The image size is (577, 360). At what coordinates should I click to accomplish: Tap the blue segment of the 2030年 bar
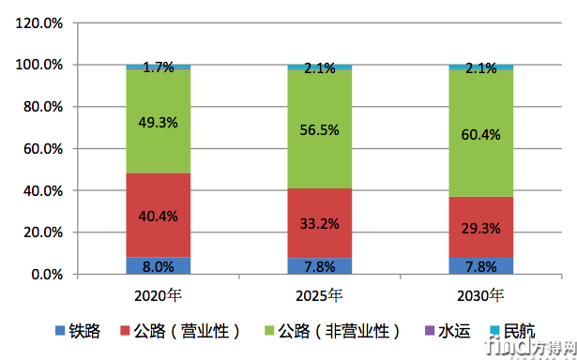point(481,266)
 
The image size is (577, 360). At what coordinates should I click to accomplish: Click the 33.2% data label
point(320,223)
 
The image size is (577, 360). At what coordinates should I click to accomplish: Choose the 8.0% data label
point(159,266)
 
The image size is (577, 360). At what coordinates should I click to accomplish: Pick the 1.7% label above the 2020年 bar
point(159,67)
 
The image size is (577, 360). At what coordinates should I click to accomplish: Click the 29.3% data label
point(481,228)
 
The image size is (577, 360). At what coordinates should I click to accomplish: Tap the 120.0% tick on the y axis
point(40,23)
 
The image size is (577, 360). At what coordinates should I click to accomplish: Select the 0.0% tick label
point(47,275)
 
